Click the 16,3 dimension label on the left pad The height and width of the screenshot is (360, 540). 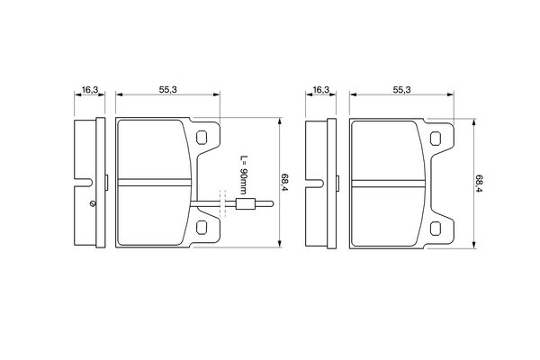[x=90, y=90]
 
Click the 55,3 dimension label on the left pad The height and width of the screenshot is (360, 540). [x=167, y=90]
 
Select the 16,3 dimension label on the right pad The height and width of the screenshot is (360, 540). [x=321, y=90]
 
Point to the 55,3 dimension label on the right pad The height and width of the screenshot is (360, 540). [x=402, y=90]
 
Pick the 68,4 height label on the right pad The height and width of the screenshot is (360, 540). [x=480, y=184]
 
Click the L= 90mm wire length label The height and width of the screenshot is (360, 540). [x=244, y=175]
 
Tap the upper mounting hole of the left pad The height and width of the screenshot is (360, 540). [x=202, y=138]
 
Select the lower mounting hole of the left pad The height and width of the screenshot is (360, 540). [x=202, y=228]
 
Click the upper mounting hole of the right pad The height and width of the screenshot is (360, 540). [x=436, y=139]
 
